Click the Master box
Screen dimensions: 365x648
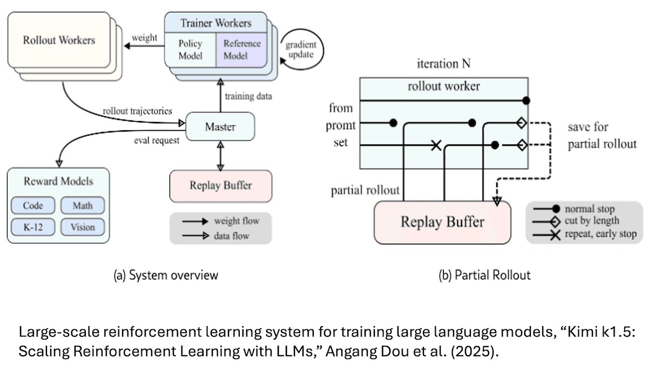click(220, 127)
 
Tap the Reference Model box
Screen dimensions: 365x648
click(242, 50)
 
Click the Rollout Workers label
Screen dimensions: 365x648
click(59, 40)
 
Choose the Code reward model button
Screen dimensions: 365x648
click(33, 205)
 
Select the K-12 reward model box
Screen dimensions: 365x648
click(33, 227)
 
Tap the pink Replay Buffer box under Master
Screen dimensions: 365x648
click(220, 185)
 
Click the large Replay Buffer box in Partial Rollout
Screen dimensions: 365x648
click(442, 222)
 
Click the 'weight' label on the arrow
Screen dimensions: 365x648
click(144, 37)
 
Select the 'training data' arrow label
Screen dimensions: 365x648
click(249, 96)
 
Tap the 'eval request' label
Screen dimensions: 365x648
click(157, 141)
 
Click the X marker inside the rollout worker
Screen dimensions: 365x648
click(436, 145)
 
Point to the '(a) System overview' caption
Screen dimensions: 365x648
click(166, 275)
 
